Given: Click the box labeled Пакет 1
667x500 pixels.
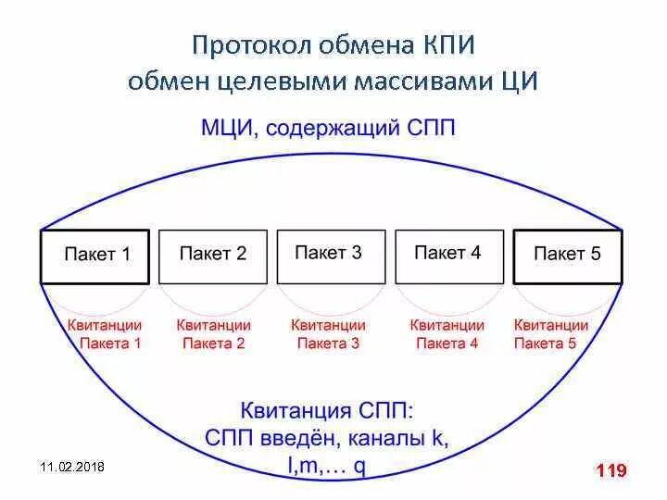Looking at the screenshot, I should pos(95,256).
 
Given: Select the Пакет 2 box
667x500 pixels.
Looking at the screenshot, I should pos(213,256).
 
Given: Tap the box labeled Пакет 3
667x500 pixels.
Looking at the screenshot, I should pos(331,256).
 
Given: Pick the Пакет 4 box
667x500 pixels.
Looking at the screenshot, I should pos(448,256).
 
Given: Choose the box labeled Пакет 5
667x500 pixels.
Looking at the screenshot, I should pos(567,256).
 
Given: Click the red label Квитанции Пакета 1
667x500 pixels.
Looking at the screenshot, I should pos(105,334).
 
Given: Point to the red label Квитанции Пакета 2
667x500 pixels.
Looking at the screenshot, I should pos(213,334).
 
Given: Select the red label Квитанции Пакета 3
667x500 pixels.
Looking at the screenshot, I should pos(328,334).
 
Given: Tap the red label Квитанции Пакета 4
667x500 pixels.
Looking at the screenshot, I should pos(447,334).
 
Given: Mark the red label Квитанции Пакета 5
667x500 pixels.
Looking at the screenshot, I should pos(550,334).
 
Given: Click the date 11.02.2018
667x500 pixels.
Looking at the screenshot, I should pos(73,467).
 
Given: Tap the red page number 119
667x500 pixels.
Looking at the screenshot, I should pos(611,471).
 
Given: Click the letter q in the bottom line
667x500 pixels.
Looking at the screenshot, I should pos(359,465).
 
